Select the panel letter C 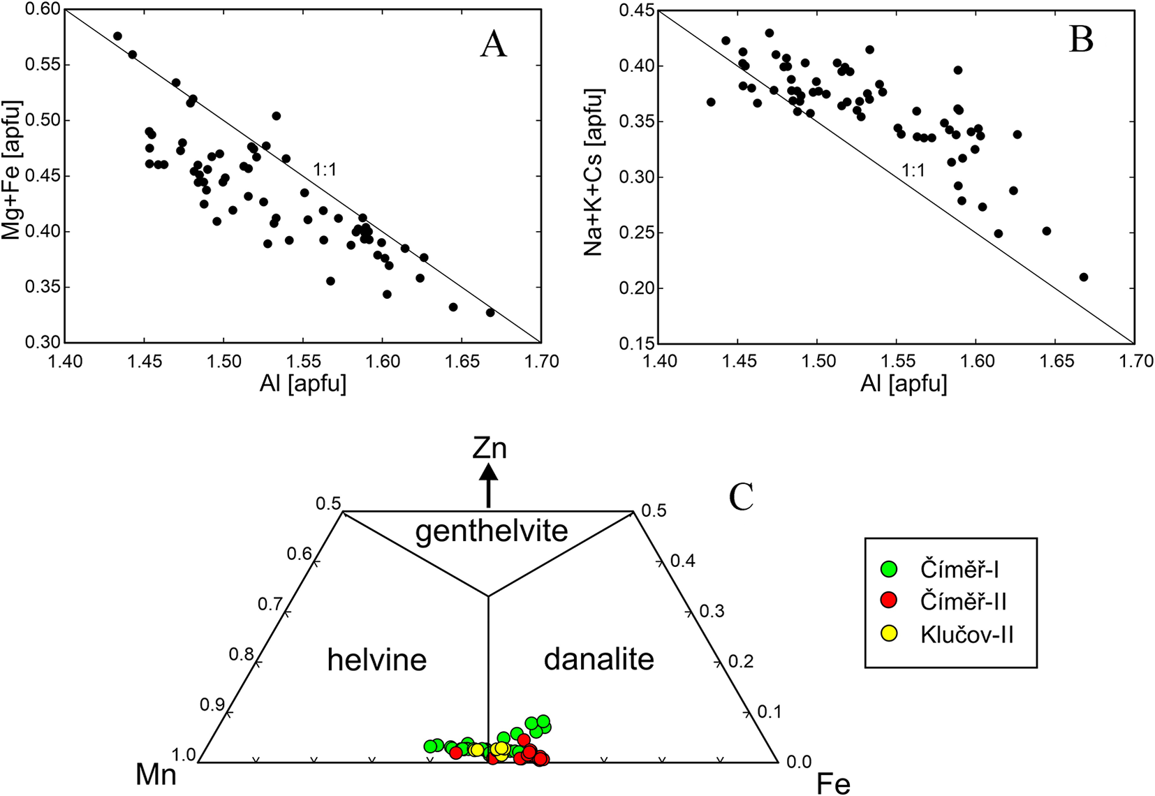click(x=741, y=497)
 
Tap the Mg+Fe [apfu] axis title click(x=12, y=170)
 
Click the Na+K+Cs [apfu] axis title click(x=594, y=172)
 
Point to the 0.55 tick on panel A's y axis click(x=43, y=65)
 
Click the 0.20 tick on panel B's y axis click(x=637, y=288)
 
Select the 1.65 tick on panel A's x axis click(x=462, y=362)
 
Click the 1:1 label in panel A click(x=325, y=170)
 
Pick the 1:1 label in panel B click(x=913, y=170)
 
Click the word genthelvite click(x=492, y=532)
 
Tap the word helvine click(x=376, y=660)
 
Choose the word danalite click(x=598, y=659)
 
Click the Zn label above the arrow click(x=489, y=449)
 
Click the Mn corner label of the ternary click(x=156, y=774)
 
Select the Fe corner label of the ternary click(x=833, y=784)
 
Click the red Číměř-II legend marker click(x=889, y=600)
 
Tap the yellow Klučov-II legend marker click(x=889, y=633)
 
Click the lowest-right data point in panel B click(x=1084, y=277)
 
